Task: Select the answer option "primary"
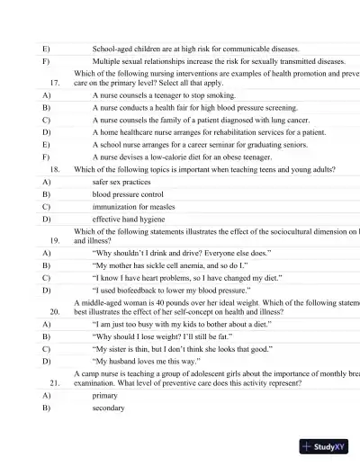click(105, 395)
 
